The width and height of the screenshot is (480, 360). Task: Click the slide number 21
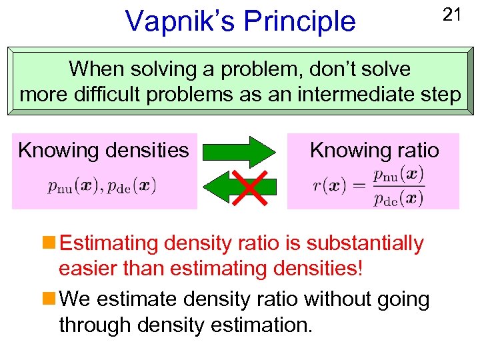point(452,15)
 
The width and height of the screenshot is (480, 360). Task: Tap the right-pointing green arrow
point(239,152)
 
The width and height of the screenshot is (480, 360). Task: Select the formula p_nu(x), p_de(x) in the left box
point(102,185)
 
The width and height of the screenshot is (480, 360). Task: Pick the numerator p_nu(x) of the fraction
point(398,175)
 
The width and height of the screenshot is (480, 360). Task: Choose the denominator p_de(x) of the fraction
point(398,197)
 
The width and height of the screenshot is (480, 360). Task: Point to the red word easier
point(90,271)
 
